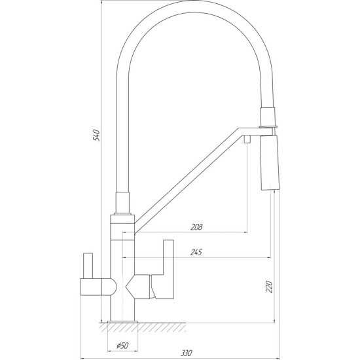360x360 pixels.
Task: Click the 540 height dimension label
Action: (x=96, y=135)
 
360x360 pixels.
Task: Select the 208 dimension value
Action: (x=196, y=227)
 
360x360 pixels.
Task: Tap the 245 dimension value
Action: (x=196, y=252)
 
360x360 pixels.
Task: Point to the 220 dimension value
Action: (x=269, y=287)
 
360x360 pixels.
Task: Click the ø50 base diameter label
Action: (x=122, y=345)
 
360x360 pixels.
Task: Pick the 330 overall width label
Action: (x=186, y=353)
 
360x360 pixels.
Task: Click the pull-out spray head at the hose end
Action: (x=270, y=162)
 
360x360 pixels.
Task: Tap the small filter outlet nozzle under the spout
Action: (x=247, y=139)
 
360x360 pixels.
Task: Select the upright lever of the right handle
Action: (x=168, y=257)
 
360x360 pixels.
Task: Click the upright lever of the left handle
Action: (x=88, y=266)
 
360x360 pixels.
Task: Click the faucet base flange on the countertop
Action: (x=122, y=321)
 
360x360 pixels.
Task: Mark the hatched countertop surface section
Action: (x=143, y=327)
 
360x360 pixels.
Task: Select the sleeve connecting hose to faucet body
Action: (x=122, y=202)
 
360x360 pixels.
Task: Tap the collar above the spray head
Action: (x=268, y=117)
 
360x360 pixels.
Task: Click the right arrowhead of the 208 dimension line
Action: (x=245, y=232)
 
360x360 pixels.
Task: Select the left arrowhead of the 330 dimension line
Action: (x=82, y=358)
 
